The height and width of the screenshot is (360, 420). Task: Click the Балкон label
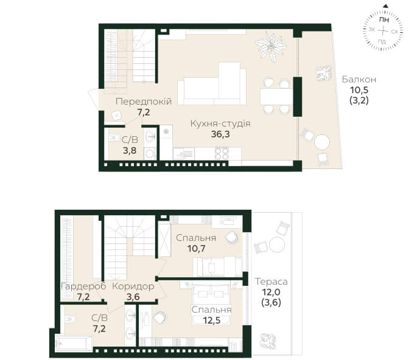(359, 80)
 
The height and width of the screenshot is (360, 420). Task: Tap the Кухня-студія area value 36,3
(220, 134)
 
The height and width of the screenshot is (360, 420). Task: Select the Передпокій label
(144, 102)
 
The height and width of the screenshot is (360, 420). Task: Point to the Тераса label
(271, 282)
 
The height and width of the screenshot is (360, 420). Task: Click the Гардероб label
(83, 286)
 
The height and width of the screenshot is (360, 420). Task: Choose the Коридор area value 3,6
(133, 297)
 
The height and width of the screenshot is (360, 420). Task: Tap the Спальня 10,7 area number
(196, 249)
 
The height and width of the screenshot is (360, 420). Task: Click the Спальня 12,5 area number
(212, 320)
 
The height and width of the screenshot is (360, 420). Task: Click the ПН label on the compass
(384, 19)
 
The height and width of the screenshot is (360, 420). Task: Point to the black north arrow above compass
(385, 5)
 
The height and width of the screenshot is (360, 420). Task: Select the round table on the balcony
(322, 142)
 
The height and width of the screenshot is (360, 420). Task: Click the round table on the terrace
(277, 244)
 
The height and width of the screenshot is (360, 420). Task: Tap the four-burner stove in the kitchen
(222, 154)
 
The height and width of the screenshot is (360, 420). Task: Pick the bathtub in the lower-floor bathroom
(74, 343)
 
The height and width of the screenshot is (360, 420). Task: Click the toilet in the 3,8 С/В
(114, 137)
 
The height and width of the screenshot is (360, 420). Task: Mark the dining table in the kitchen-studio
(276, 96)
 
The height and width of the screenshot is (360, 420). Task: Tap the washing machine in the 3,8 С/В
(150, 154)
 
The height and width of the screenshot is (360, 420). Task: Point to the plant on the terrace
(268, 341)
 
